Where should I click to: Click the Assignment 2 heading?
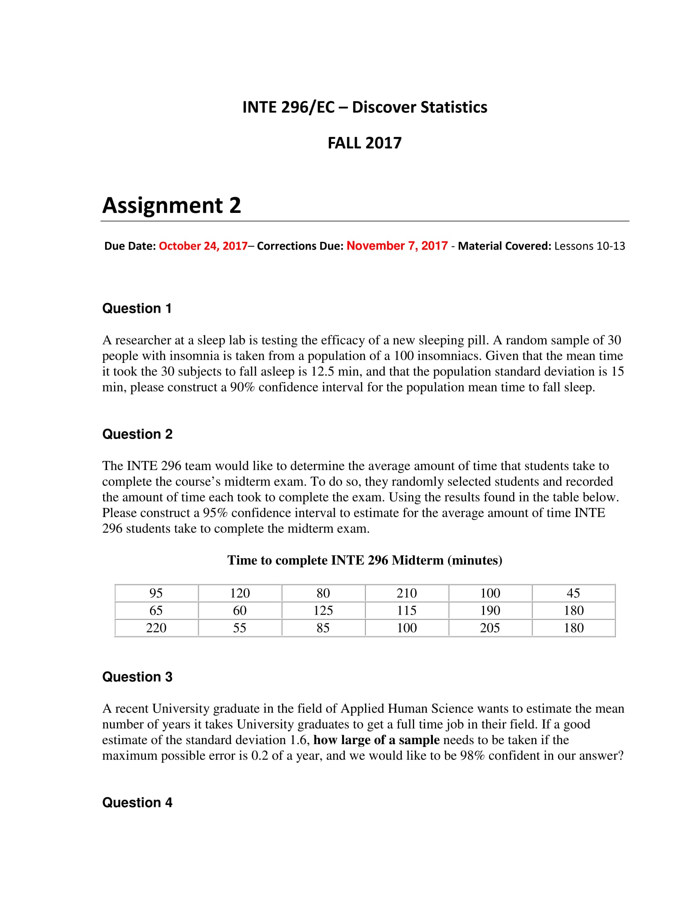171,206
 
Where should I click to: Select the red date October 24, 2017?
203,246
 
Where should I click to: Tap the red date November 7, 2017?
397,246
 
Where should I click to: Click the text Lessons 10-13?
589,246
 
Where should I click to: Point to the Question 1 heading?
137,308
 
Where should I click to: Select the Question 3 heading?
137,677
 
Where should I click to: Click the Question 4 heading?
137,802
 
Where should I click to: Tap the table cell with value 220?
156,628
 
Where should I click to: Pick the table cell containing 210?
406,593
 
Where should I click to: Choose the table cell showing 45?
573,593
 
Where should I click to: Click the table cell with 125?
323,611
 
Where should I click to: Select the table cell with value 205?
489,628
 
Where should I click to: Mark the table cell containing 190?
490,611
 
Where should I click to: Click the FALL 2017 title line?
364,143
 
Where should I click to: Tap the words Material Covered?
504,246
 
